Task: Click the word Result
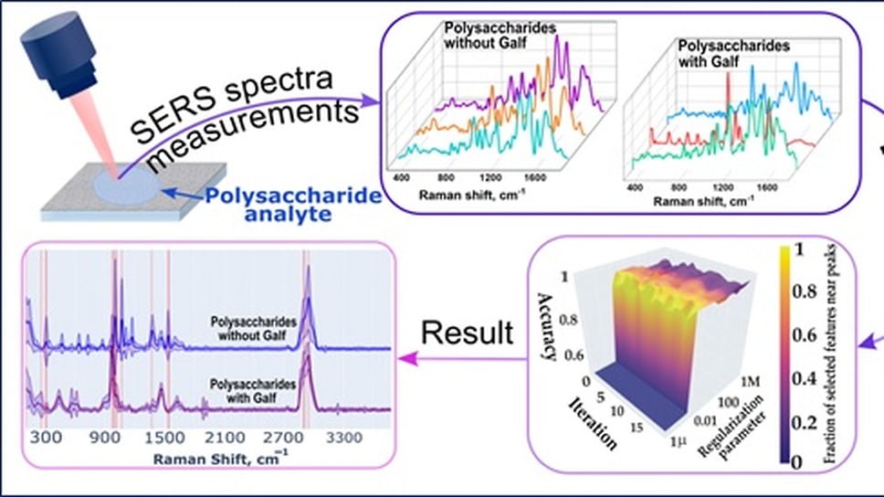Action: pyautogui.click(x=467, y=332)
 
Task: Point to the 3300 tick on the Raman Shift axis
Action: pyautogui.click(x=344, y=438)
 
